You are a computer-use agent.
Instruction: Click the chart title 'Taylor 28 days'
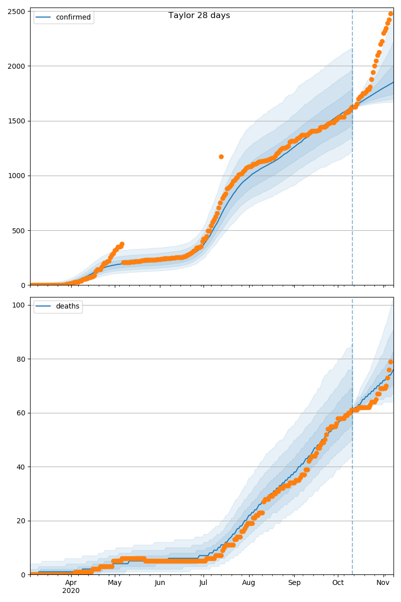pos(199,16)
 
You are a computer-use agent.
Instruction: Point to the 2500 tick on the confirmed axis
pos(18,11)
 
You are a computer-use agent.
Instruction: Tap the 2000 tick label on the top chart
pos(18,66)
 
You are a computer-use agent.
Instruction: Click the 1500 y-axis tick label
pos(18,121)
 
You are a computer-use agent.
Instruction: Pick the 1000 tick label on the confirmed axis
pos(18,176)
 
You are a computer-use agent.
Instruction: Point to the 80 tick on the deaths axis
pos(22,359)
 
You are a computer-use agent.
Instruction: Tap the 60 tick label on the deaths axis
pos(22,413)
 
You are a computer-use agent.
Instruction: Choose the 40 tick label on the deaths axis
pos(22,467)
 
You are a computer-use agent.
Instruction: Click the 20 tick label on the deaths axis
pos(22,521)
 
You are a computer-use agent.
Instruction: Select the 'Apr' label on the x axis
pos(71,583)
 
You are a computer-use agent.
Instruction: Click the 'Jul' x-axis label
pos(203,583)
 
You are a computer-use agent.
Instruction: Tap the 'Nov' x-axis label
pos(383,583)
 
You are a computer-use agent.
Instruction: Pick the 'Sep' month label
pos(294,583)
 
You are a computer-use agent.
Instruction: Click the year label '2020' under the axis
pos(71,591)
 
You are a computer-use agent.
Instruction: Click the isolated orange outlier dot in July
pos(221,157)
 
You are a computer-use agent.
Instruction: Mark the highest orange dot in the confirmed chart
pos(390,14)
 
